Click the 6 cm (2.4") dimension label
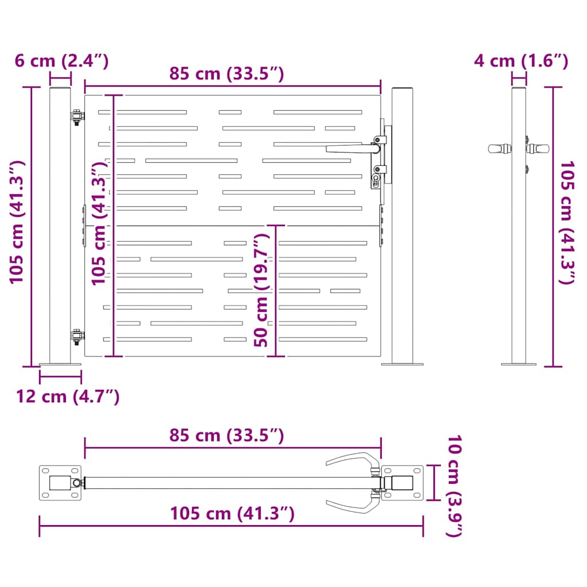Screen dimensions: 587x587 (62, 61)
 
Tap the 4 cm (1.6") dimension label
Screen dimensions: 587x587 (521, 61)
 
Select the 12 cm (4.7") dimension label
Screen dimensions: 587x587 (68, 396)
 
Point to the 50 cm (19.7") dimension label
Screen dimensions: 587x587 (261, 291)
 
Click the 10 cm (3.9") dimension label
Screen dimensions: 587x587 (455, 486)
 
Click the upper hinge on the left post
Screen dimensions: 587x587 (77, 116)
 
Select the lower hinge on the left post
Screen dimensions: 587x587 (77, 336)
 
